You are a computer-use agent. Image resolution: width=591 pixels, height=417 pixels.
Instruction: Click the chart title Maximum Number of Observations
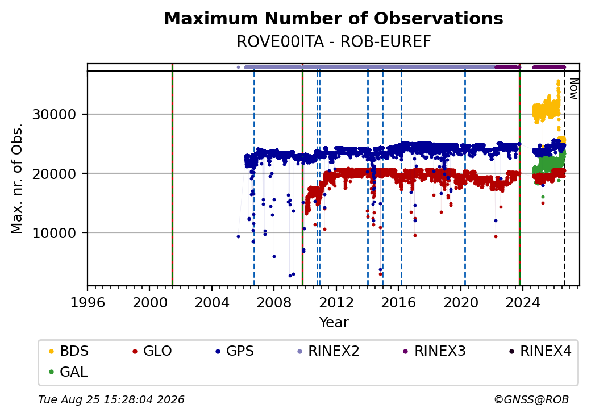[334, 18]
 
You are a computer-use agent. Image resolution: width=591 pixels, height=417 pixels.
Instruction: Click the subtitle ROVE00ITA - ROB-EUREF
[334, 42]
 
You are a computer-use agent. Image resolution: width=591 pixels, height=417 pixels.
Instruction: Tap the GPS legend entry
[235, 351]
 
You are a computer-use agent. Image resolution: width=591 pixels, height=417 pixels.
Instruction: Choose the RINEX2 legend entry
[328, 351]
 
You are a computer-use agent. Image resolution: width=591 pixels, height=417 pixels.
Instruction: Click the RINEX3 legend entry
[434, 351]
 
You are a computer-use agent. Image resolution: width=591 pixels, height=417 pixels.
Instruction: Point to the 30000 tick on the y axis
[55, 114]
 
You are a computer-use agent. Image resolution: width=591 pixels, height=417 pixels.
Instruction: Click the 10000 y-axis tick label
[55, 233]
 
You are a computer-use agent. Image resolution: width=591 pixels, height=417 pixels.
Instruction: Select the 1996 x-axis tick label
[88, 302]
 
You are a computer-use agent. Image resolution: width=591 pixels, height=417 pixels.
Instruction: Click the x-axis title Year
[334, 323]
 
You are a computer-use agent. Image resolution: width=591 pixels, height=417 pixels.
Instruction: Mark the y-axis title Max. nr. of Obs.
[17, 178]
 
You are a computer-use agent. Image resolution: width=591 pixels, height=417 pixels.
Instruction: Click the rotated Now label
[573, 89]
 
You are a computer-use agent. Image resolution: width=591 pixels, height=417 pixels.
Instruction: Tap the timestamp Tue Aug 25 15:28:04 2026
[111, 399]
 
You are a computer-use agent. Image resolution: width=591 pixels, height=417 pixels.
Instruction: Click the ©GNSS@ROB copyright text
[531, 399]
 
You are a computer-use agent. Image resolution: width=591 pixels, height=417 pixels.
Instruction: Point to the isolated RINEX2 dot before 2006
[238, 68]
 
